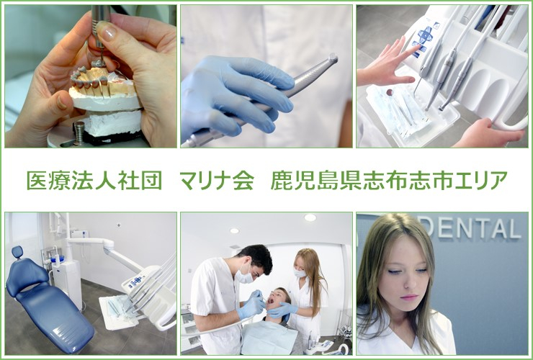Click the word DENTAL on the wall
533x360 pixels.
[x=472, y=229]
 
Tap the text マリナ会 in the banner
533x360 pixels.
[x=218, y=181]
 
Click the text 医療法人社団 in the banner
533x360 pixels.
[x=94, y=181]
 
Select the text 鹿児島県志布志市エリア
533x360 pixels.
[x=389, y=181]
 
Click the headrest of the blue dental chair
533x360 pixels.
[x=17, y=252]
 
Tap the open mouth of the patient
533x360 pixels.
[x=271, y=300]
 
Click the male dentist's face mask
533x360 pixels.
[x=246, y=276]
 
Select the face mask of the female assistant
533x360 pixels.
[x=300, y=273]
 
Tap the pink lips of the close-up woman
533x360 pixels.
[x=409, y=297]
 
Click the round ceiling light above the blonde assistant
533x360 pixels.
[x=310, y=217]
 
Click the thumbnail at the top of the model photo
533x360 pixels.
[x=107, y=30]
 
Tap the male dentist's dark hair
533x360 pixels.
[x=256, y=257]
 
